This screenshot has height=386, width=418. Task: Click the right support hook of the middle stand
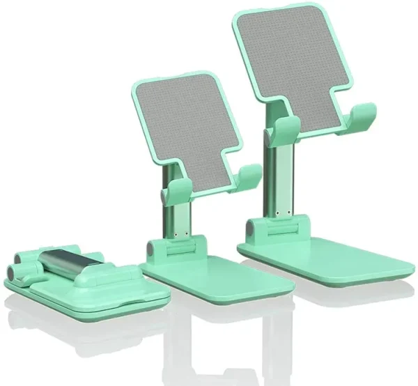(x=249, y=176)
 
